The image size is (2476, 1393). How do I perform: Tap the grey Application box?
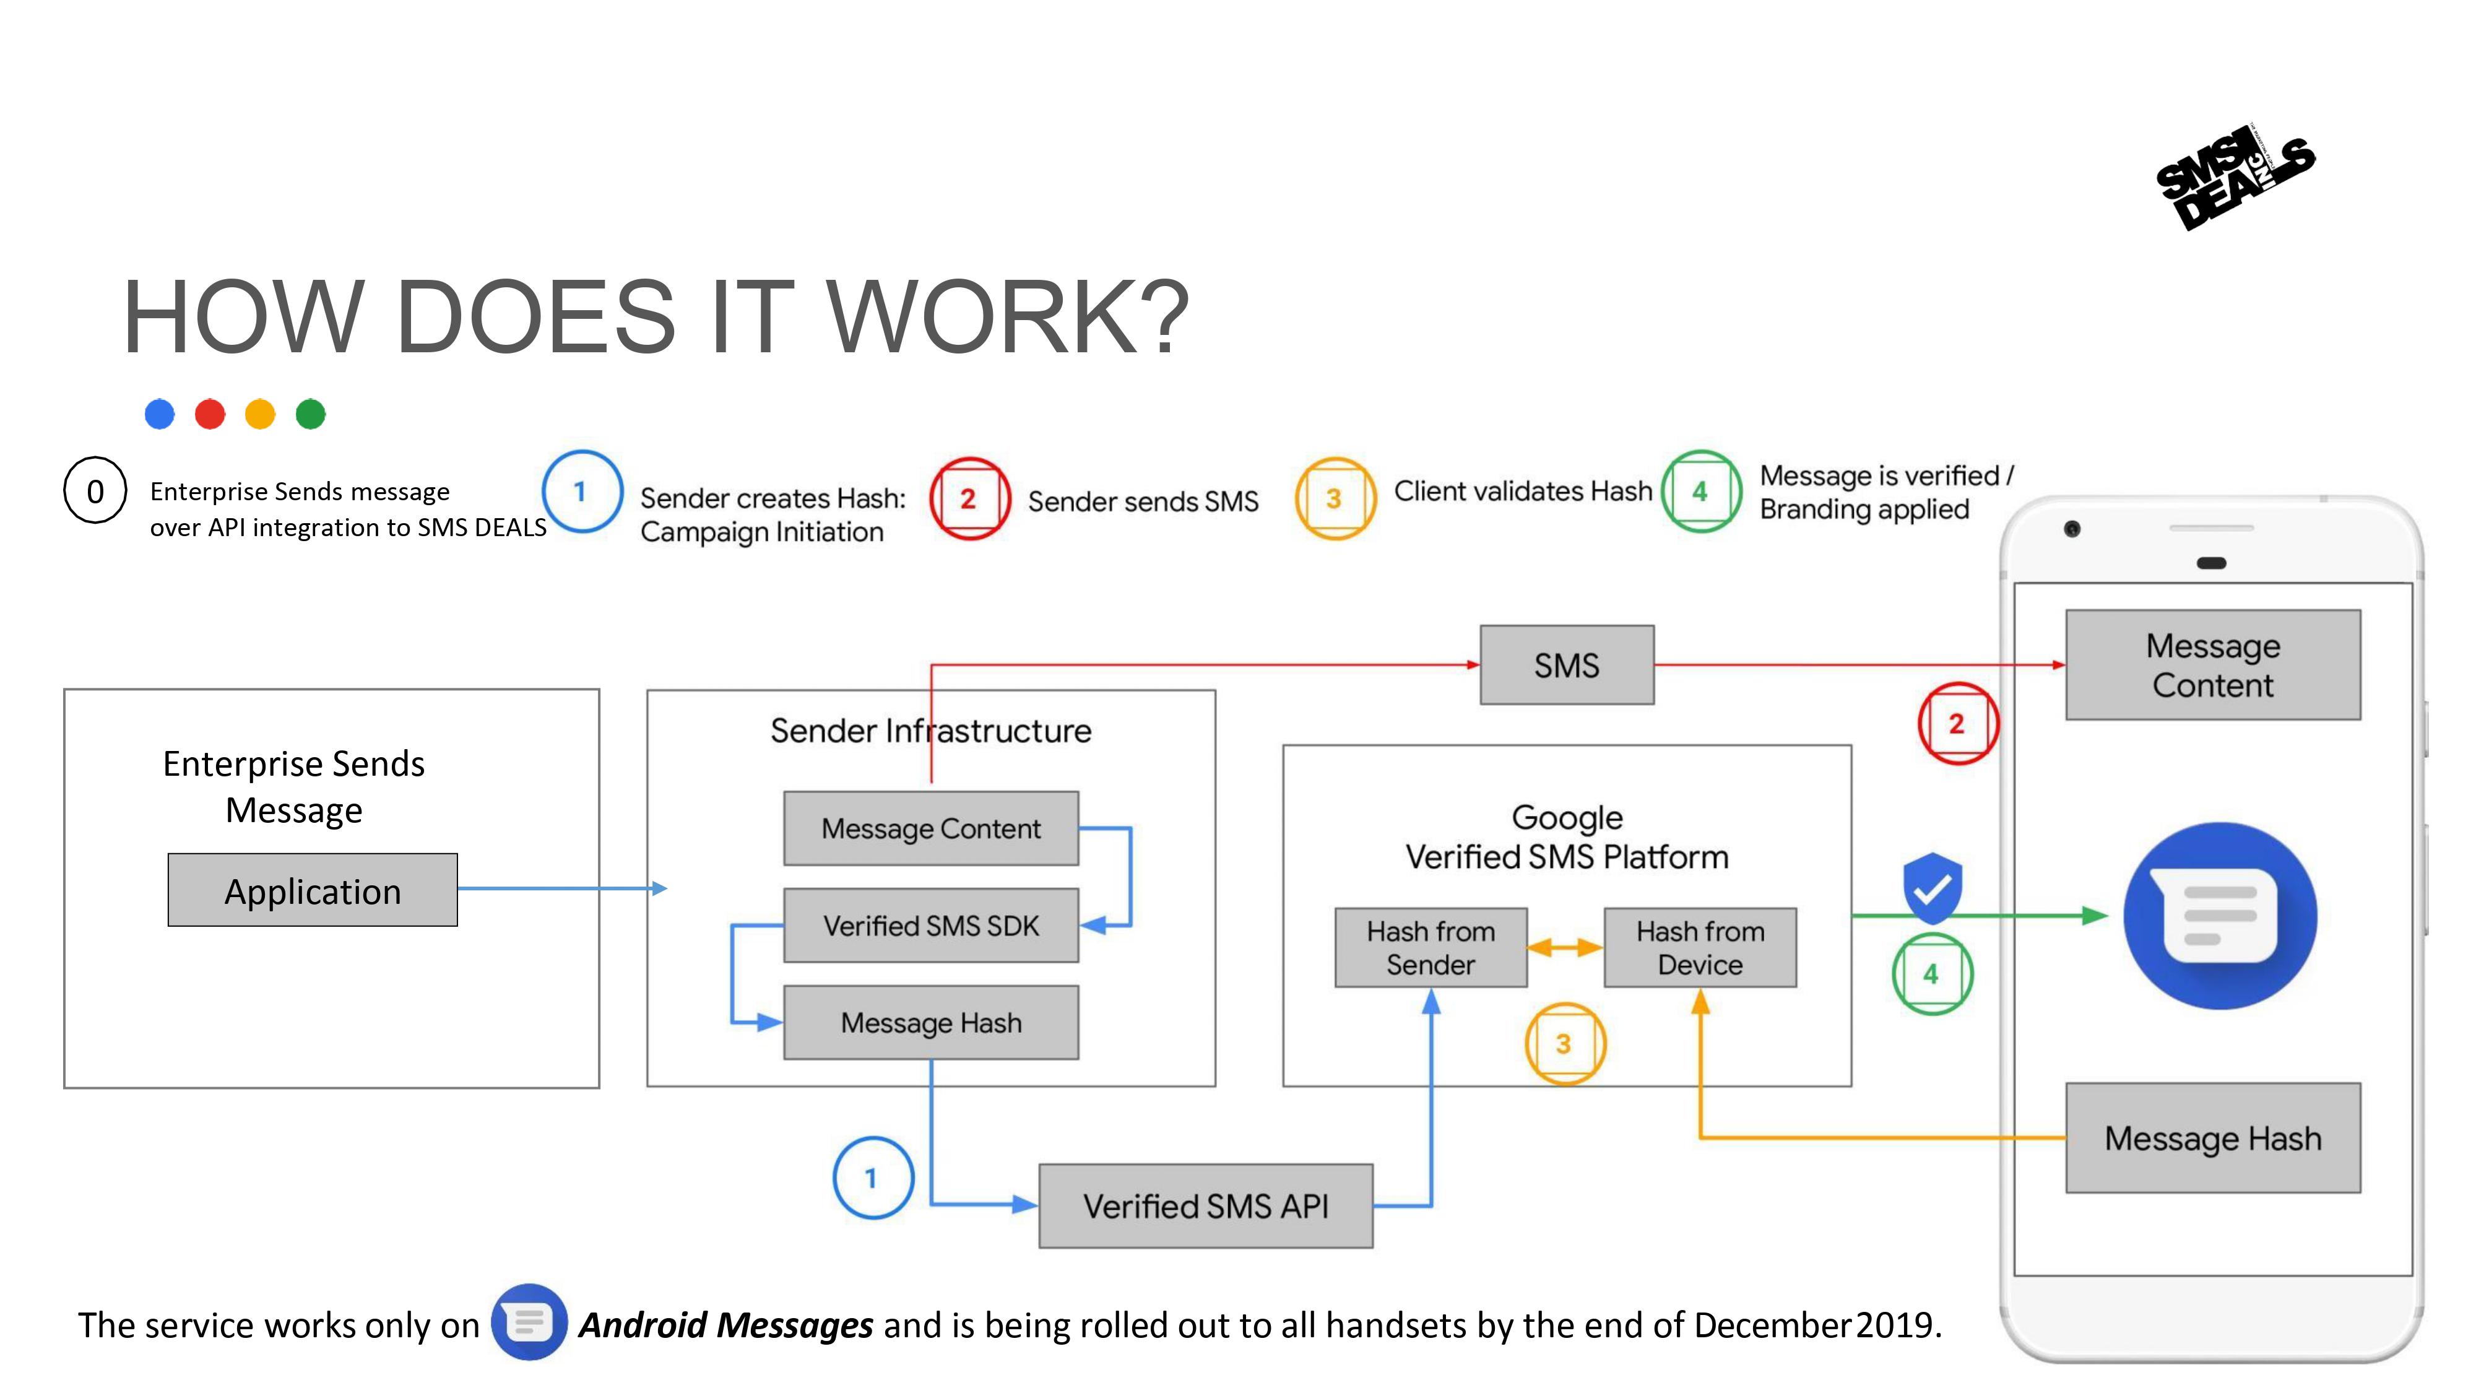point(313,890)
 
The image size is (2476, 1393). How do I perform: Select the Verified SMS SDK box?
point(930,925)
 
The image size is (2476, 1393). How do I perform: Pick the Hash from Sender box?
point(1431,948)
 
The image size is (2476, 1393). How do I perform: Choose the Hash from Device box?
point(1699,948)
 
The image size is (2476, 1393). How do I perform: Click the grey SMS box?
point(1567,666)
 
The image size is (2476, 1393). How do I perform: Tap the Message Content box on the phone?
point(2213,666)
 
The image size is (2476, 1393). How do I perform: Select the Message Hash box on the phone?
point(2213,1139)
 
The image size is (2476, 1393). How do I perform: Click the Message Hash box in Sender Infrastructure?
point(930,1022)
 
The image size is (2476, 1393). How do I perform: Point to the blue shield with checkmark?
point(1932,887)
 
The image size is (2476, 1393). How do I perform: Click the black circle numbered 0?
point(95,491)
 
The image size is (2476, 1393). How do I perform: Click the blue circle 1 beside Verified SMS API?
point(872,1178)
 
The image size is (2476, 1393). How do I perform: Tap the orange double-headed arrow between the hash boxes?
point(1565,948)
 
